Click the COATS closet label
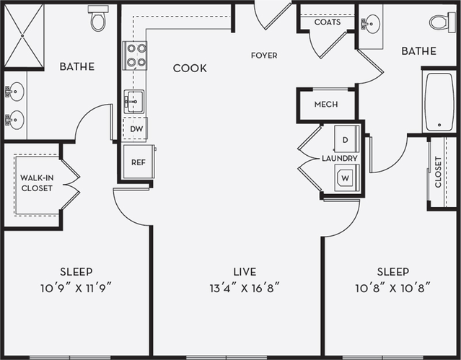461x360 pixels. pos(327,22)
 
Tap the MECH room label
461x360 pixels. pos(325,105)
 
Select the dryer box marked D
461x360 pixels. pos(346,139)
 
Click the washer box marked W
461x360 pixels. pos(346,177)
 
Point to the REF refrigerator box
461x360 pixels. pos(138,163)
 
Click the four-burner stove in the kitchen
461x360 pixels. pos(135,55)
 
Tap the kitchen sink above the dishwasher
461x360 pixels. pos(134,102)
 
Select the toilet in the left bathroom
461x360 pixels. pos(98,19)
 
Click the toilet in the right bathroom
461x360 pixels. pos(441,22)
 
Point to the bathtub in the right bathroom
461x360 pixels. pos(439,101)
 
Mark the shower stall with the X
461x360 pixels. pos(23,35)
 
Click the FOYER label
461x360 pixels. pos(264,56)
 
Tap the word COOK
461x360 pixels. pos(190,69)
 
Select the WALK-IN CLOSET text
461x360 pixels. pos(36,183)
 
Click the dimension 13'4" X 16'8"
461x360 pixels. pos(245,288)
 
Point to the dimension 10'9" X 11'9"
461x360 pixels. pos(76,288)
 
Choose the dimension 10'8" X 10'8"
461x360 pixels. pos(393,288)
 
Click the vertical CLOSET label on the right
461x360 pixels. pos(438,172)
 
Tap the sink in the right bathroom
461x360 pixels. pos(371,25)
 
